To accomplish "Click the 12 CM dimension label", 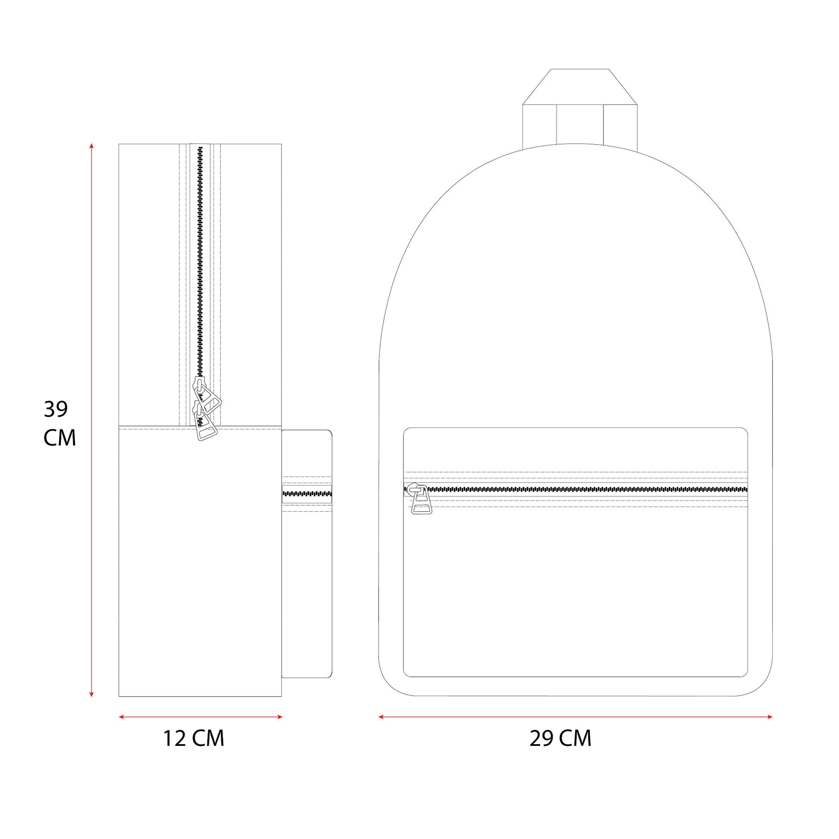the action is tap(194, 738).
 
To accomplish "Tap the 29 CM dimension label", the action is tap(560, 738).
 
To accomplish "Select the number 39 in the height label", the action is tap(56, 409).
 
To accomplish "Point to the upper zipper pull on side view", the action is tap(207, 395).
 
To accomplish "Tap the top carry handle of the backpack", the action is tap(580, 106).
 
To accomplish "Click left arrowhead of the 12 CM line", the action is tap(122, 717).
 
